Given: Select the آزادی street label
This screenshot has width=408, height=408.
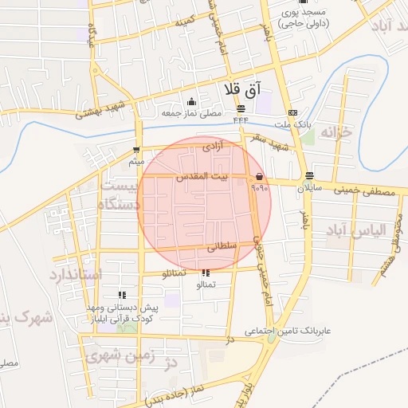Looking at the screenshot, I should tap(213, 147).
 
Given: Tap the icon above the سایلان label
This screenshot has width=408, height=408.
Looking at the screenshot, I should tap(308, 176).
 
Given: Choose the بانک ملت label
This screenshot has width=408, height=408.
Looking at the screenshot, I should tap(296, 125).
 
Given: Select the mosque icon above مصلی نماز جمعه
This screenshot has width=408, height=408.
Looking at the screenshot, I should tap(190, 102).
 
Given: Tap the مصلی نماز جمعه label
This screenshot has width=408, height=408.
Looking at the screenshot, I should tap(191, 114).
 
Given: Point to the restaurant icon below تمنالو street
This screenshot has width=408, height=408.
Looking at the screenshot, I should tap(206, 273).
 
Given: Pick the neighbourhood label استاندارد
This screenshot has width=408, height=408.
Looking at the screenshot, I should tap(76, 276).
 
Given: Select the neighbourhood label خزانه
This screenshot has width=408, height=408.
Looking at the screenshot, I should tap(335, 133).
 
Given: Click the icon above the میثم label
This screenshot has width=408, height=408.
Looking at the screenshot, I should tap(136, 149).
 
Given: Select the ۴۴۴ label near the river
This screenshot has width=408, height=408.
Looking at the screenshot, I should tap(241, 120).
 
